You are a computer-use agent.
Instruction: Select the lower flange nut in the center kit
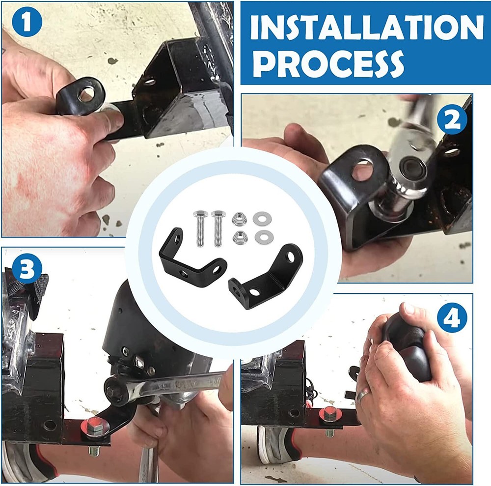(x=240, y=237)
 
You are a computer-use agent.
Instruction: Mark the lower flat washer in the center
(x=261, y=237)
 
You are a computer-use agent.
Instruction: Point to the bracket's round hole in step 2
(x=363, y=170)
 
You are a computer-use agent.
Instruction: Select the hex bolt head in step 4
(x=328, y=415)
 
